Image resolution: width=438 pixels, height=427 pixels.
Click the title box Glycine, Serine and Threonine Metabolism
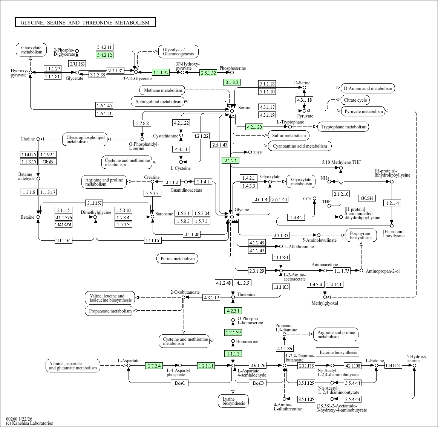(x=85, y=22)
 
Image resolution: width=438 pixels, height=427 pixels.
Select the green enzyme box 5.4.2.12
(x=104, y=55)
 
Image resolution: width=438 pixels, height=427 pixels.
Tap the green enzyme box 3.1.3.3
(x=232, y=82)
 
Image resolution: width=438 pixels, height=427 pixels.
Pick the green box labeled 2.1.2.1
(x=230, y=160)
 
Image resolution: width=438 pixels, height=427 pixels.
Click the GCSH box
(x=367, y=198)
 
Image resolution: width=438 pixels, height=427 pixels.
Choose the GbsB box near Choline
(x=48, y=162)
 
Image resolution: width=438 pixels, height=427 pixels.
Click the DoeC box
(x=180, y=383)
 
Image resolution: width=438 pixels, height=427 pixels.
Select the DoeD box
(x=258, y=383)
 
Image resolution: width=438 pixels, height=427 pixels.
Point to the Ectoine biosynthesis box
(x=338, y=352)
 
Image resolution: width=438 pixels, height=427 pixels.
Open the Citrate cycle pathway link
(x=355, y=100)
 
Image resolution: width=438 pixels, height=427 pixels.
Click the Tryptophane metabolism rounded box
(x=344, y=127)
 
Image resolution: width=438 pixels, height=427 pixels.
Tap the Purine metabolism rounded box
(x=178, y=258)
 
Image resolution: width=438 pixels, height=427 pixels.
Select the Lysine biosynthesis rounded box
(x=233, y=401)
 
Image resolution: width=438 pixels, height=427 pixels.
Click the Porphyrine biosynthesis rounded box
(x=361, y=235)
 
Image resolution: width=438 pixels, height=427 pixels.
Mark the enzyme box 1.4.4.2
(x=296, y=217)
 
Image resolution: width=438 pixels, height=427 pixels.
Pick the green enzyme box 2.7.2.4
(x=154, y=365)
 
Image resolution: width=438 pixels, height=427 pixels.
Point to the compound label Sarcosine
(x=164, y=214)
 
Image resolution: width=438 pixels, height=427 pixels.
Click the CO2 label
(x=307, y=199)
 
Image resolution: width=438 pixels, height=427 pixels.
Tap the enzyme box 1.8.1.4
(x=392, y=203)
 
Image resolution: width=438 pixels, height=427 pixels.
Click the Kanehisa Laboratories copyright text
(x=29, y=423)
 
